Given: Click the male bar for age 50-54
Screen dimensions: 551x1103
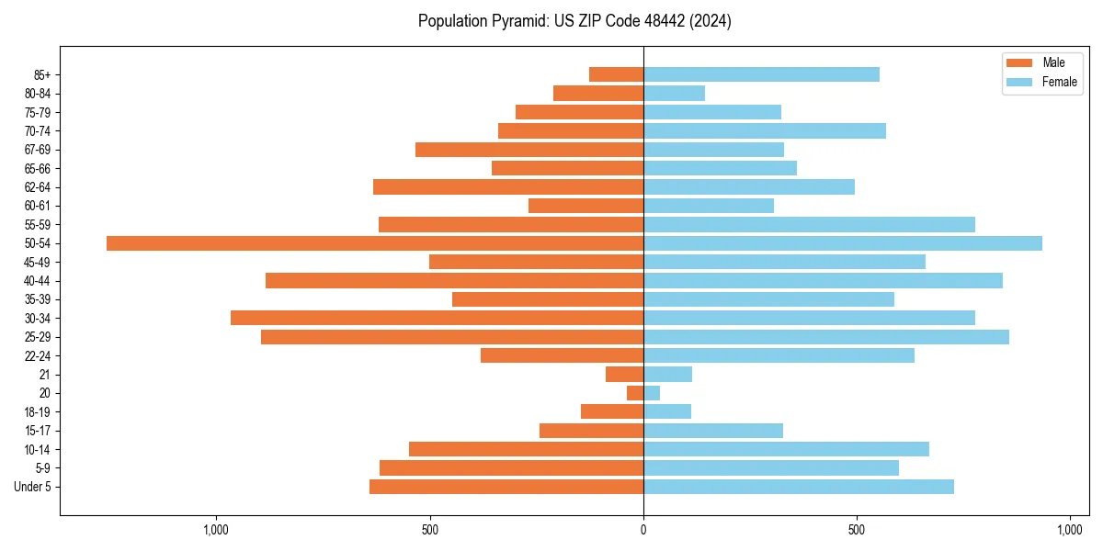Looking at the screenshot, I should pos(375,243).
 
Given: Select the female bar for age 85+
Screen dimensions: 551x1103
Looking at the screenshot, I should pos(761,74).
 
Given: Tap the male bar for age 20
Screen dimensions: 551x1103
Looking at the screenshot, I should pos(635,393).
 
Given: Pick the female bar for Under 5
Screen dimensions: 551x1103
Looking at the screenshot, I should pos(799,487).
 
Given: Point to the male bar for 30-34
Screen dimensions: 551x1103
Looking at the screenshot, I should pos(437,318).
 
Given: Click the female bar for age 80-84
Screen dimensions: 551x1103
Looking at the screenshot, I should pos(674,93).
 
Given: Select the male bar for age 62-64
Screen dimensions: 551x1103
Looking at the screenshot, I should pos(508,187).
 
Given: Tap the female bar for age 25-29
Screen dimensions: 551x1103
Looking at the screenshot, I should pos(826,337).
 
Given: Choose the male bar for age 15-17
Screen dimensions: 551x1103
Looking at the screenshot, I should pos(591,431).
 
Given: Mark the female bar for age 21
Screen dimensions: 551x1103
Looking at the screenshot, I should pos(667,375).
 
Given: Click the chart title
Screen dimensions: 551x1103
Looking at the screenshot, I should pos(574,21).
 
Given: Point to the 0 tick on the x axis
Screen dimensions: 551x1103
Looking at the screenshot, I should pos(643,530).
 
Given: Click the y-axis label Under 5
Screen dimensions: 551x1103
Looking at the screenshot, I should pos(32,487).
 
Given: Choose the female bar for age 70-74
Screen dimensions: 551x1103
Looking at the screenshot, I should pos(765,130).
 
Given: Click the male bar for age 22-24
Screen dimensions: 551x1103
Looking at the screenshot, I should pos(562,355).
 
